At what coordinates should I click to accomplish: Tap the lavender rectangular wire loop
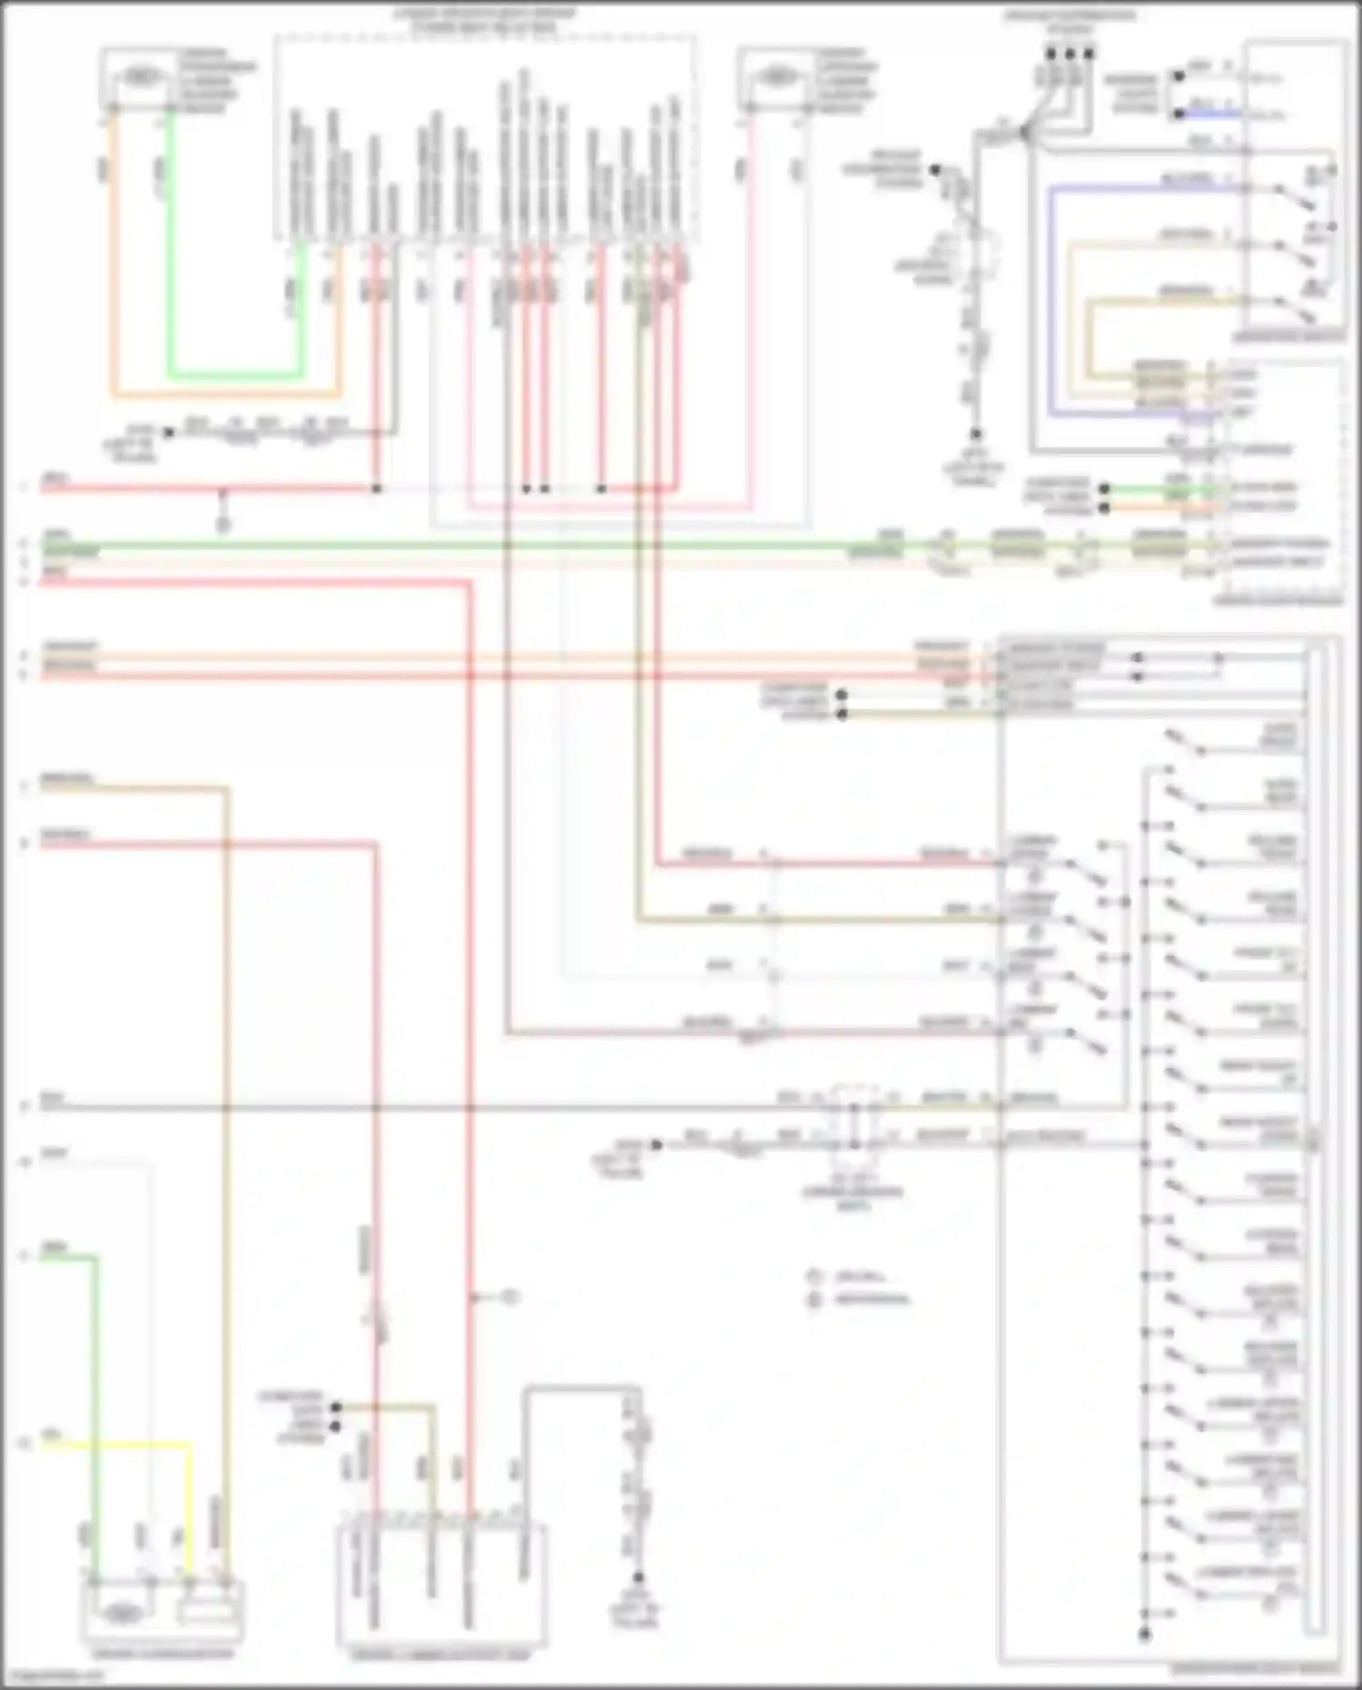(1051, 300)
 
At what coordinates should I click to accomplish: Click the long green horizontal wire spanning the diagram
(454, 546)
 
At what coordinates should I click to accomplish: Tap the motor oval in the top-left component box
(138, 78)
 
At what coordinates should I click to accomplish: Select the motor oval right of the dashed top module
(777, 78)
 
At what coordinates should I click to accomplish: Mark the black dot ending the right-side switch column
(1144, 1636)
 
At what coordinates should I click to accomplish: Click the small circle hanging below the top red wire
(222, 524)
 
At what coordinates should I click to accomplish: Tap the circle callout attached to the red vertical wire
(510, 1298)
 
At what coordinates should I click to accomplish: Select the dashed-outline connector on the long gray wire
(854, 1117)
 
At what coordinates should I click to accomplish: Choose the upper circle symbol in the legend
(814, 1277)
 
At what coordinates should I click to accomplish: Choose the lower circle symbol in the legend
(814, 1300)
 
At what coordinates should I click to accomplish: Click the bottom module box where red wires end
(441, 1586)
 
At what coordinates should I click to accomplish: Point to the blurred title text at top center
(485, 21)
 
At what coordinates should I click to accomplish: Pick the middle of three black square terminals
(1070, 54)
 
